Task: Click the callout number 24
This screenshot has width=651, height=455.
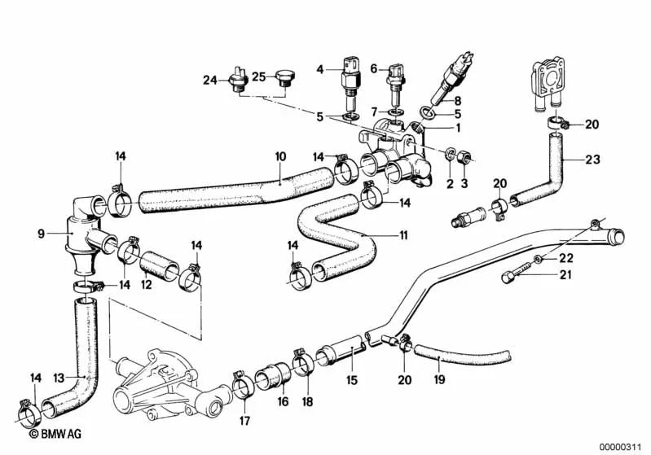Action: pos(209,80)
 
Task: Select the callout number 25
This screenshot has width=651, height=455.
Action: pos(258,77)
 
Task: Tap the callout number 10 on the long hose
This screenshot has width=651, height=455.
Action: pos(279,155)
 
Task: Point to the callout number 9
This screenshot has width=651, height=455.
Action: pos(40,235)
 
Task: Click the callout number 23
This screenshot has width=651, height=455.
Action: pos(592,160)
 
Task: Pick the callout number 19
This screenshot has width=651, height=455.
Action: pos(438,378)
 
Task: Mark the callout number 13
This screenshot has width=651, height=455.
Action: pos(58,378)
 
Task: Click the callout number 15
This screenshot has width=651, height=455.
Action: pos(352,378)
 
